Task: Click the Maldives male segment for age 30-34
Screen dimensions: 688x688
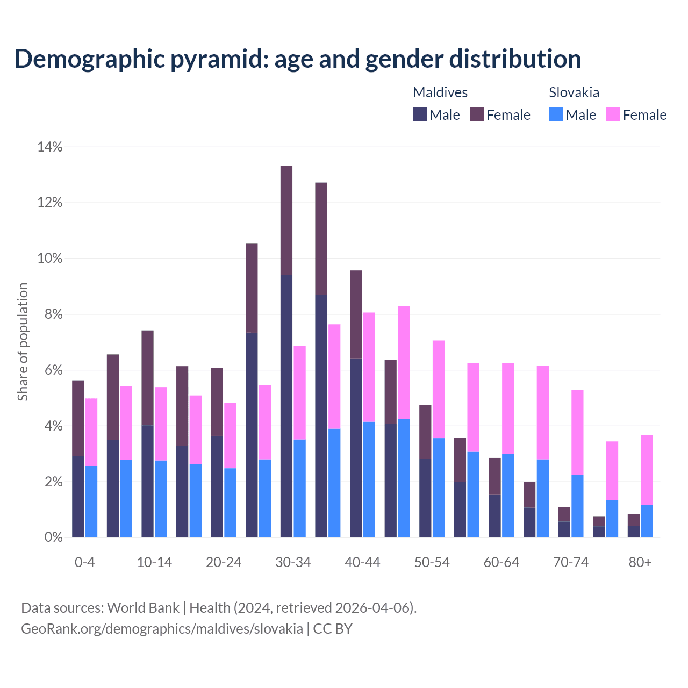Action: click(286, 406)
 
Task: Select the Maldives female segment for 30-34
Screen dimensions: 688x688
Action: click(286, 220)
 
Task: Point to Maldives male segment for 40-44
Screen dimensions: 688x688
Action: click(356, 447)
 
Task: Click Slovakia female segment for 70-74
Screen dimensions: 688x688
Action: click(577, 432)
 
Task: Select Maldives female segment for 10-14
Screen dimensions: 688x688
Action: click(147, 378)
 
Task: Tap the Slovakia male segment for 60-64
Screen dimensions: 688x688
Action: click(508, 496)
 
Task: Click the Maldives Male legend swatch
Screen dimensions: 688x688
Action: click(419, 114)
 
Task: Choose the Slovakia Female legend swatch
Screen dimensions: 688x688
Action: click(613, 114)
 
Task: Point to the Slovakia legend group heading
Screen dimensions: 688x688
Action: click(574, 92)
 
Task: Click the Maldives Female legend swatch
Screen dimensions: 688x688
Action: click(477, 114)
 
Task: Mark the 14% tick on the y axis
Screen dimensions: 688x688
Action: click(50, 147)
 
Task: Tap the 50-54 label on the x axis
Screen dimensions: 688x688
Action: click(432, 562)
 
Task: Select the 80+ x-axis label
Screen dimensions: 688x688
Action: click(640, 562)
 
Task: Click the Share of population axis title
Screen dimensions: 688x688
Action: click(23, 342)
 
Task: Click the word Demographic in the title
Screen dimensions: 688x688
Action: click(89, 59)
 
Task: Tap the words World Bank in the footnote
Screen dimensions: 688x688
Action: click(143, 608)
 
